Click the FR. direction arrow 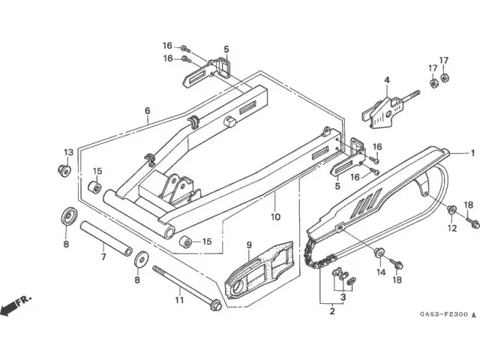coord(8,308)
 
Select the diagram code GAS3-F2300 coord(444,314)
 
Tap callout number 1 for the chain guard coord(472,153)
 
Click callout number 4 coord(387,80)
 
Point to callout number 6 coord(148,110)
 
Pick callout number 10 coord(275,217)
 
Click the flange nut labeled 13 coord(64,170)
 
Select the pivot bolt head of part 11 coord(215,305)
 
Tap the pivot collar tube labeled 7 coord(106,238)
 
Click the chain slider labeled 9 coord(259,270)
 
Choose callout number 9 coord(249,245)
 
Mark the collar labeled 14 coord(379,252)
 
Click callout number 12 coord(452,228)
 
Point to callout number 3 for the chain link coord(343,297)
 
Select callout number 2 coord(332,311)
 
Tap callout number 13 coord(69,152)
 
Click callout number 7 coord(103,256)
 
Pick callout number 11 coord(179,300)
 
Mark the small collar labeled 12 coord(451,210)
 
